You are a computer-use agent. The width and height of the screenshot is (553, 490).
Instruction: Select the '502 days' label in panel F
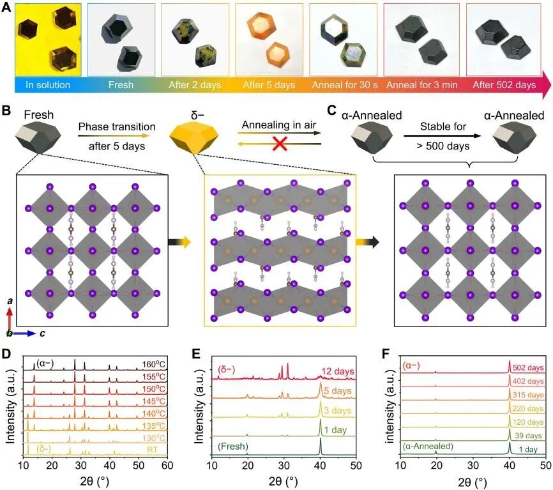[x=526, y=366]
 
